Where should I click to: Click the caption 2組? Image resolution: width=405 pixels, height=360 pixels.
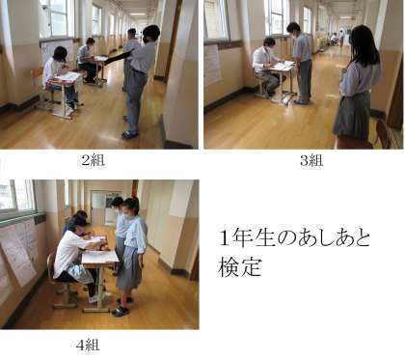93,160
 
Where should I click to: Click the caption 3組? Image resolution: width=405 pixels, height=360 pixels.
311,160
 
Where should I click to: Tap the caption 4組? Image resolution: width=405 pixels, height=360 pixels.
88,346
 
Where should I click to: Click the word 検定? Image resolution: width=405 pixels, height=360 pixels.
240,266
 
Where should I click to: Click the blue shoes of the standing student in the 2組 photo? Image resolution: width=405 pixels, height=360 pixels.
130,133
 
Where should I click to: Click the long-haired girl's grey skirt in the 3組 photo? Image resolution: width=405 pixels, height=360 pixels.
352,115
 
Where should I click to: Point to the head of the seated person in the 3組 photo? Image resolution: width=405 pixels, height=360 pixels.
269,42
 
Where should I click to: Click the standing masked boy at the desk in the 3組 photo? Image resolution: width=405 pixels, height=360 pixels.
301,63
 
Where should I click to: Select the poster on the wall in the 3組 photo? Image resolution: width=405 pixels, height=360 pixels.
212,64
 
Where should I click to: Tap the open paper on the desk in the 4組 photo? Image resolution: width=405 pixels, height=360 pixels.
99,257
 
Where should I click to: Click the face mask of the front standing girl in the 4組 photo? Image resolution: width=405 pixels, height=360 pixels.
130,215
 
